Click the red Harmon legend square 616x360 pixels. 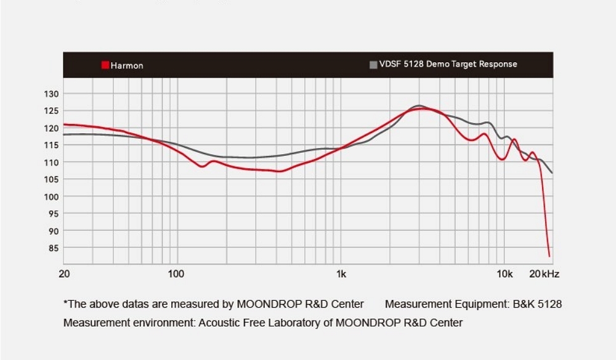(105, 65)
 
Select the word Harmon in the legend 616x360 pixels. (127, 65)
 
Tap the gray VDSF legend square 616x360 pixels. (373, 64)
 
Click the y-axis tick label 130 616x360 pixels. (51, 94)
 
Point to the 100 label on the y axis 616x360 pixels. (51, 197)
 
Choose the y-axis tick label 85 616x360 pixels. (53, 248)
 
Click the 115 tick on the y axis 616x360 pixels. (51, 145)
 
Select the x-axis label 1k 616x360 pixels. (341, 274)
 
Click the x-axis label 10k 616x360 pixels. (505, 274)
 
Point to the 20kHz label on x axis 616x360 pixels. (544, 274)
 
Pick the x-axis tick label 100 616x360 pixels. (176, 274)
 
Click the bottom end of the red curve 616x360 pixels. (549, 256)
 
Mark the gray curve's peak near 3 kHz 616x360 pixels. (419, 105)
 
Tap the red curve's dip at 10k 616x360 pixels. (503, 159)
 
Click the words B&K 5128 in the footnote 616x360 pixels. (537, 304)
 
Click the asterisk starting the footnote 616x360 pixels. (65, 303)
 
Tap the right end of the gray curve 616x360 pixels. (552, 173)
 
